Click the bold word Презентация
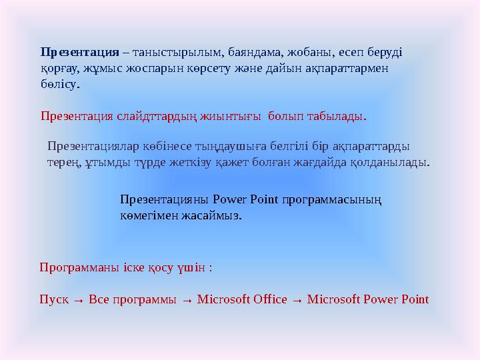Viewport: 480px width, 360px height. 79,51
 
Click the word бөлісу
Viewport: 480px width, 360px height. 59,85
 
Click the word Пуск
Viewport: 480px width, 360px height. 53,299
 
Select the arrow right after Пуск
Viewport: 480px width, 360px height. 77,300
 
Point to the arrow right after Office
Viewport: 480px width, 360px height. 297,300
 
